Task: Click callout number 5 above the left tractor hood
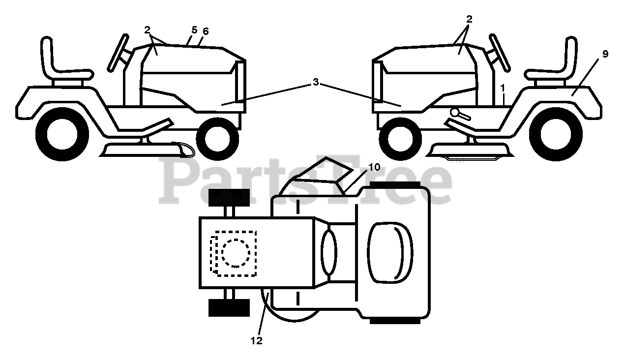click(194, 30)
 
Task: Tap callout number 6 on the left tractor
click(206, 31)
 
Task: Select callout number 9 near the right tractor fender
click(605, 54)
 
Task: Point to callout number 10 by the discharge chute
click(374, 167)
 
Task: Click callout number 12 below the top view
click(256, 340)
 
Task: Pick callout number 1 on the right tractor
click(503, 88)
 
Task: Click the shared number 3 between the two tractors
click(316, 83)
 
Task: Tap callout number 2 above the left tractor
click(147, 30)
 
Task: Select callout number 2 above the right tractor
click(469, 19)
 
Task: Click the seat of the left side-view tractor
click(59, 64)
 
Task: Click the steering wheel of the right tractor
click(499, 52)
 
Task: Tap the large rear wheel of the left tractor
click(62, 134)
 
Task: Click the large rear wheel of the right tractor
click(560, 134)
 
